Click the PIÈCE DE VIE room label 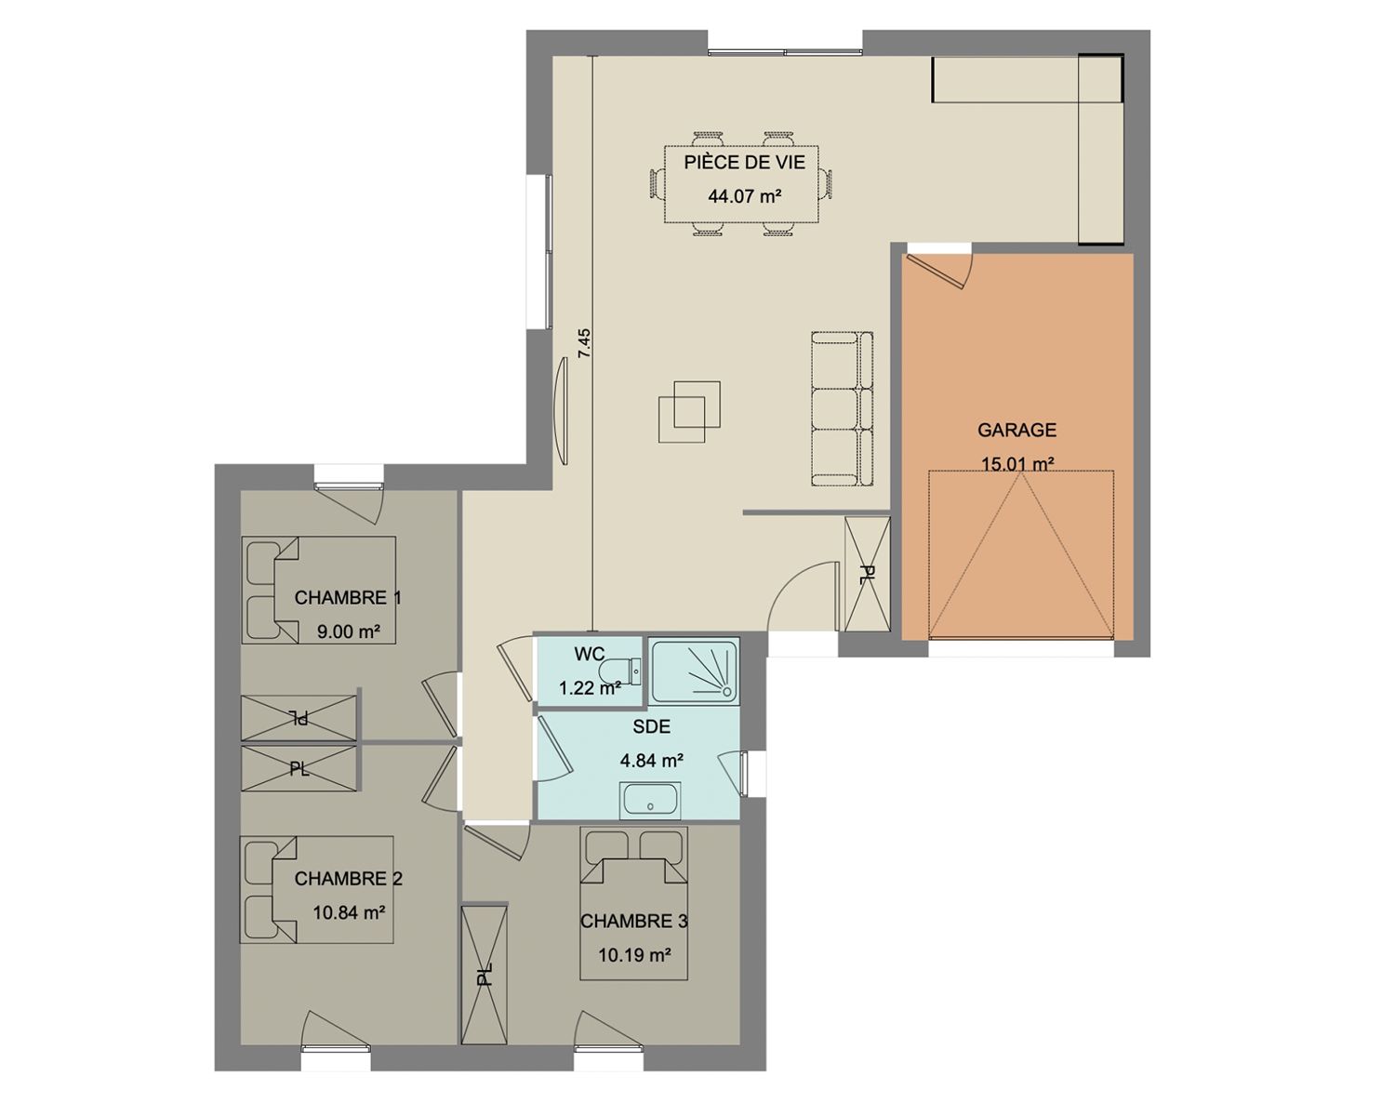[744, 162]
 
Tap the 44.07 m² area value [744, 195]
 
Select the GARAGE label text [1016, 430]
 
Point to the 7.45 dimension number [585, 343]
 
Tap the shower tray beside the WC [695, 671]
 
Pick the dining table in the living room [741, 184]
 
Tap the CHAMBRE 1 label [348, 597]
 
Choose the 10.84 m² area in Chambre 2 [350, 913]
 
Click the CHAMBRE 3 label [633, 922]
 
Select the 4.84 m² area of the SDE [652, 760]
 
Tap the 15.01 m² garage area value [1017, 464]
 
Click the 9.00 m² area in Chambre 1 [348, 631]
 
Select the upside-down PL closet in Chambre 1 [299, 718]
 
